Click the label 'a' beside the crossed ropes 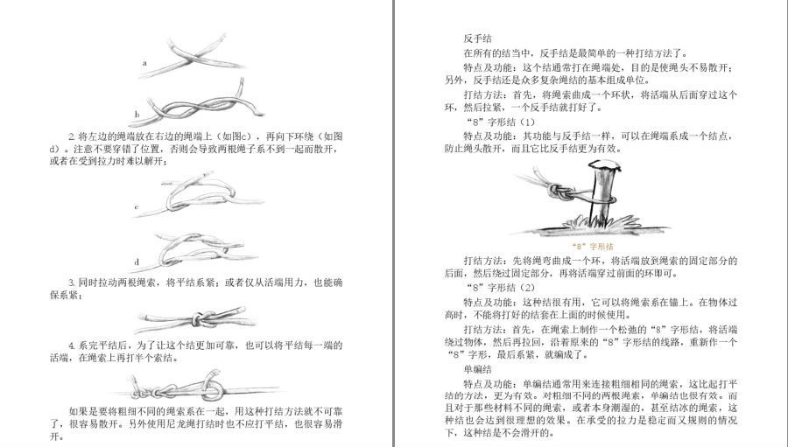coord(145,64)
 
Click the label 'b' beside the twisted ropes coord(137,114)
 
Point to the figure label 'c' coord(137,208)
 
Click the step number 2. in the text coord(72,137)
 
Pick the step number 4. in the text coord(72,345)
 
